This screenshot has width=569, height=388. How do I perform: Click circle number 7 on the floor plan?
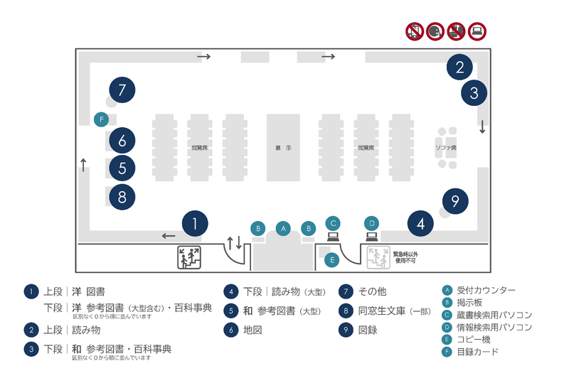click(122, 90)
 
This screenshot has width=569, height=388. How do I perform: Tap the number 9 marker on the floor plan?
click(455, 200)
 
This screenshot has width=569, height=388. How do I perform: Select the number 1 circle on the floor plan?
click(194, 224)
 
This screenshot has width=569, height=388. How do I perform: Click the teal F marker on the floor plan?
click(102, 119)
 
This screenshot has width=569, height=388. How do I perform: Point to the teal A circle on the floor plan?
click(283, 228)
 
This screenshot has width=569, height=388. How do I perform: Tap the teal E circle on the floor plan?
click(331, 260)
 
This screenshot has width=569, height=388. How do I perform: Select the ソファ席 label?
click(446, 148)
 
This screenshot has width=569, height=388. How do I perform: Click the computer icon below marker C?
click(332, 237)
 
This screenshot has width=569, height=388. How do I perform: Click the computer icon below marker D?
click(371, 237)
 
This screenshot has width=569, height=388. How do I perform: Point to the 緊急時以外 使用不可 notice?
click(405, 257)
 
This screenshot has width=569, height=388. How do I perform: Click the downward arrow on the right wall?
click(482, 128)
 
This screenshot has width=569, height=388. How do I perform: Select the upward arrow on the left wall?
click(84, 166)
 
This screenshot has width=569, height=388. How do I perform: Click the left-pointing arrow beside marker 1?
click(169, 236)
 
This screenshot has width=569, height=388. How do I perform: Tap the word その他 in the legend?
click(372, 291)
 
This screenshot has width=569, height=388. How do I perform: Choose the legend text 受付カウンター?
click(486, 290)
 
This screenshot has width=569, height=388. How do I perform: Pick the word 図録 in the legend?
click(368, 330)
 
